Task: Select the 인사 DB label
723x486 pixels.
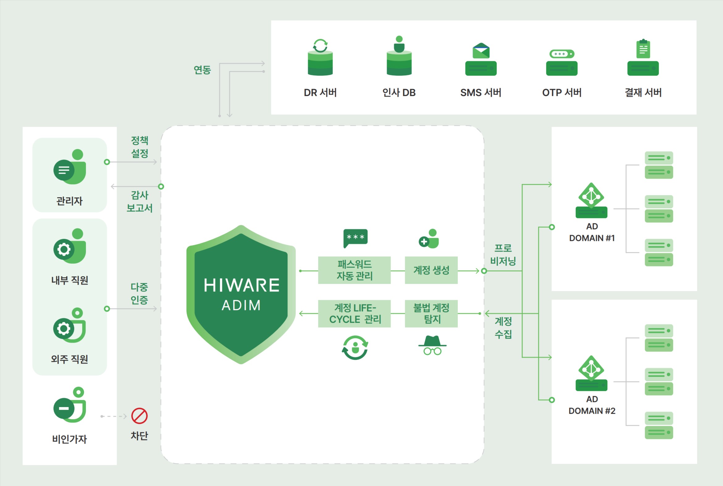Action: [399, 92]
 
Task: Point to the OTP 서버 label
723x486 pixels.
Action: [562, 92]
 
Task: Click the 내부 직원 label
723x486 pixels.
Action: [70, 280]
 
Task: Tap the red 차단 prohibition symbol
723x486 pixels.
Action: [139, 416]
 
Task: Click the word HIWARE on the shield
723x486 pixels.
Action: [241, 285]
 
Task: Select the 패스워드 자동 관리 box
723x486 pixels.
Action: [354, 270]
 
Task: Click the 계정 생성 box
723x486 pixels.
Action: [431, 270]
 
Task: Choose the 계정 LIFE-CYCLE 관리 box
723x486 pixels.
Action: [354, 314]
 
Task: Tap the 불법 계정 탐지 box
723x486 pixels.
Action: [431, 314]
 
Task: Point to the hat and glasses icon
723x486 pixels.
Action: [432, 345]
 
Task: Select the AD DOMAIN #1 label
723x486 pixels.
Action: [592, 232]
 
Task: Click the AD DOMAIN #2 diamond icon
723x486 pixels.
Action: [591, 368]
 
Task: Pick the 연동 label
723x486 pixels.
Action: [202, 70]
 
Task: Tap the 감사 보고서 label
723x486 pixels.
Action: [140, 201]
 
